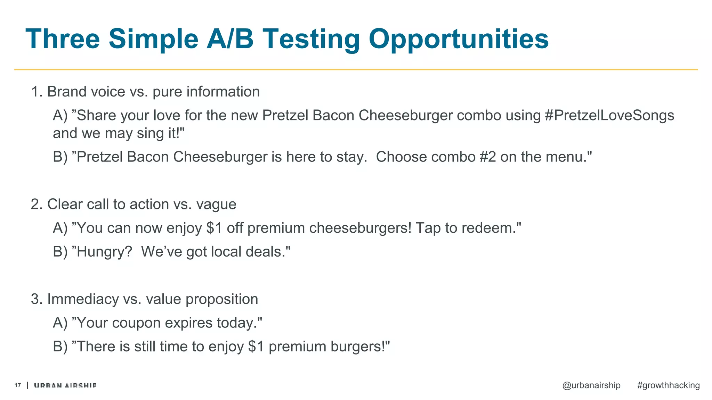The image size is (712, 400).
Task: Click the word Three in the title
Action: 63,39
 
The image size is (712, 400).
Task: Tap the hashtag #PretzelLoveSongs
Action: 609,115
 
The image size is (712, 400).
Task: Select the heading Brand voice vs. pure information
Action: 145,92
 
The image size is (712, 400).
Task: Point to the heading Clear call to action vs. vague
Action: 133,204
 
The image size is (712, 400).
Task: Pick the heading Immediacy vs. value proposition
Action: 144,299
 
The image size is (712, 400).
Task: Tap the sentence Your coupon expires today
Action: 167,323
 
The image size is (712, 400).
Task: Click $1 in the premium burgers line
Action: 256,347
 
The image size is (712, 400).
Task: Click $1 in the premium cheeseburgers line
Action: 214,228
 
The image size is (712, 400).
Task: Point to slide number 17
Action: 18,385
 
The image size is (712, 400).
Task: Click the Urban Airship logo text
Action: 65,385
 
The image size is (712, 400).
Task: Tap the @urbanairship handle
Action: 591,385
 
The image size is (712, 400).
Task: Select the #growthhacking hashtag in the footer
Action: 668,385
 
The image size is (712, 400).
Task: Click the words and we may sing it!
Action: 118,133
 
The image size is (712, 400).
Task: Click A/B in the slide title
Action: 229,39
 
